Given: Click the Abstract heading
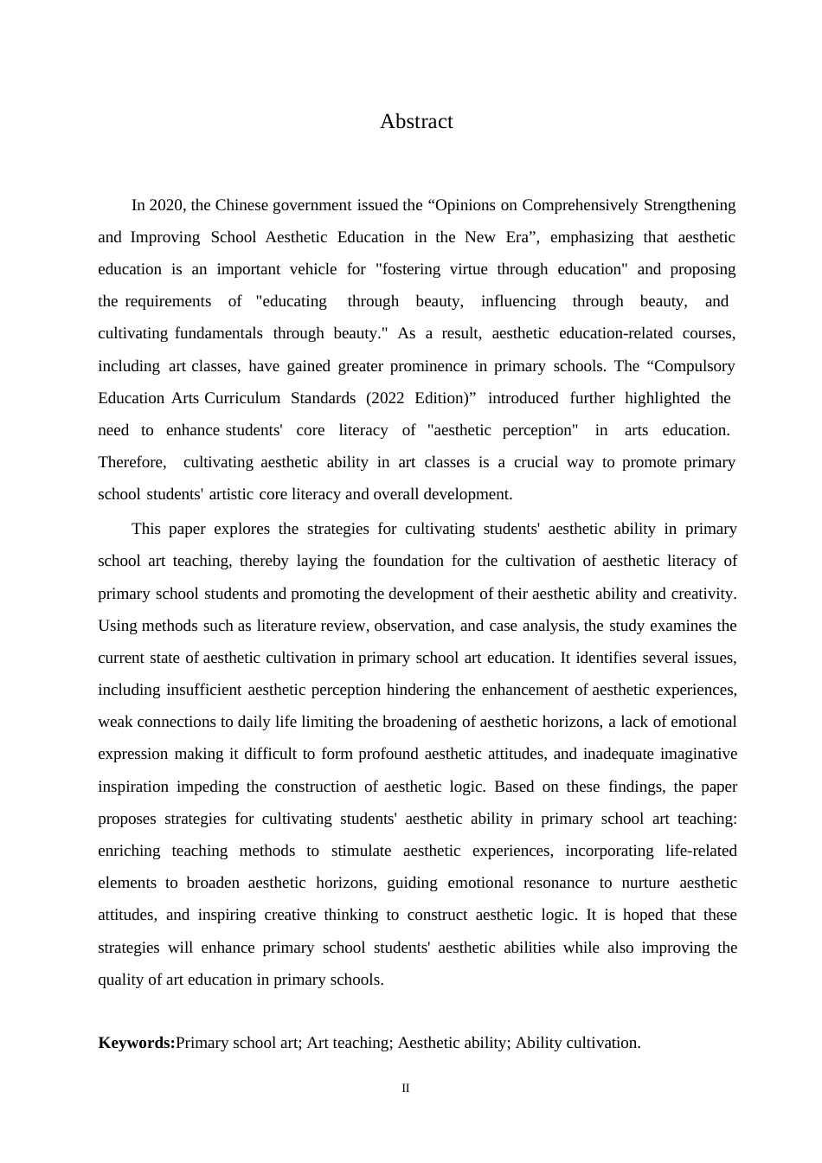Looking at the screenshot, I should pos(416,122).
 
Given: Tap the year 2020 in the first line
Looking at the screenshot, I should pos(166,206).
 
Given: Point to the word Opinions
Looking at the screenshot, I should pos(472,206).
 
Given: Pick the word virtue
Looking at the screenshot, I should pos(469,270).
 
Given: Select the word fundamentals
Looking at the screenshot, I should pos(219,334).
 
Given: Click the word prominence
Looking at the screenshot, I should pos(437,367).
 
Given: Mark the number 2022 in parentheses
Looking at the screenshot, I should pos(385,399).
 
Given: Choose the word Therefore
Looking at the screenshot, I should pos(132,463).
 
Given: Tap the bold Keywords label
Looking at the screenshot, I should pos(137,1044).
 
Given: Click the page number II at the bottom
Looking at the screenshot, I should pos(406,1089).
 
